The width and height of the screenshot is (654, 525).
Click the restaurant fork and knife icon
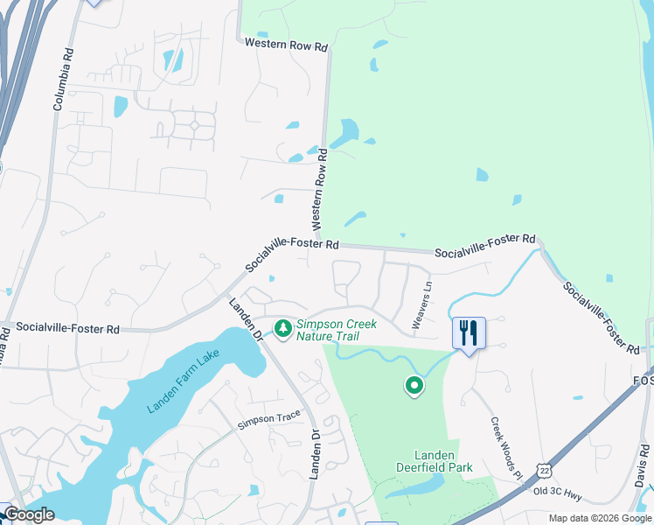click(469, 332)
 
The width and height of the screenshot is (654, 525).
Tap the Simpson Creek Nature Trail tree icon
click(282, 328)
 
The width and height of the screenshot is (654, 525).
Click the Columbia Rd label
click(62, 78)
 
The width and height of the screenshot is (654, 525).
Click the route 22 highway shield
click(545, 472)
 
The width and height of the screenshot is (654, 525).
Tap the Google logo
click(28, 514)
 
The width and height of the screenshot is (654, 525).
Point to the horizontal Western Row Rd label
click(286, 43)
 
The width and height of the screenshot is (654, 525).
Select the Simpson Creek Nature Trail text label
click(337, 329)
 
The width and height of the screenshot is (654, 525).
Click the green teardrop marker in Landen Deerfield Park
click(414, 384)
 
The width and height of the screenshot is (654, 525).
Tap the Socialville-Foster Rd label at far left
click(67, 329)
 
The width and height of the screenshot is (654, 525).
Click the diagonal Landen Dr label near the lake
click(246, 321)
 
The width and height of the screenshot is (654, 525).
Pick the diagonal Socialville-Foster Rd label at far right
click(601, 317)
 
